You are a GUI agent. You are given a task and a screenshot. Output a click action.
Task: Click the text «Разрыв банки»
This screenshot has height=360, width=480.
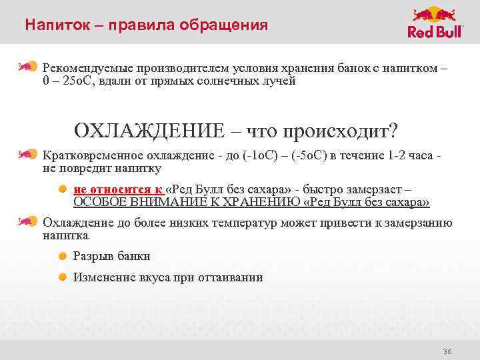coord(111,256)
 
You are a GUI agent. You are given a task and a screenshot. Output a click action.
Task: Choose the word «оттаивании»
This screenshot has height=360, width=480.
coord(233,277)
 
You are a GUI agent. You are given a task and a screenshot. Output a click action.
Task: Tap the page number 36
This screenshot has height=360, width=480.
coord(447,351)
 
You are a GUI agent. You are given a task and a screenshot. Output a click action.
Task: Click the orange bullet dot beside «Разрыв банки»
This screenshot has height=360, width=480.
coord(61,256)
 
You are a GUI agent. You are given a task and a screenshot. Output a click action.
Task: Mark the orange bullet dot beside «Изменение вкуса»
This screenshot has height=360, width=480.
coord(61,277)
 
